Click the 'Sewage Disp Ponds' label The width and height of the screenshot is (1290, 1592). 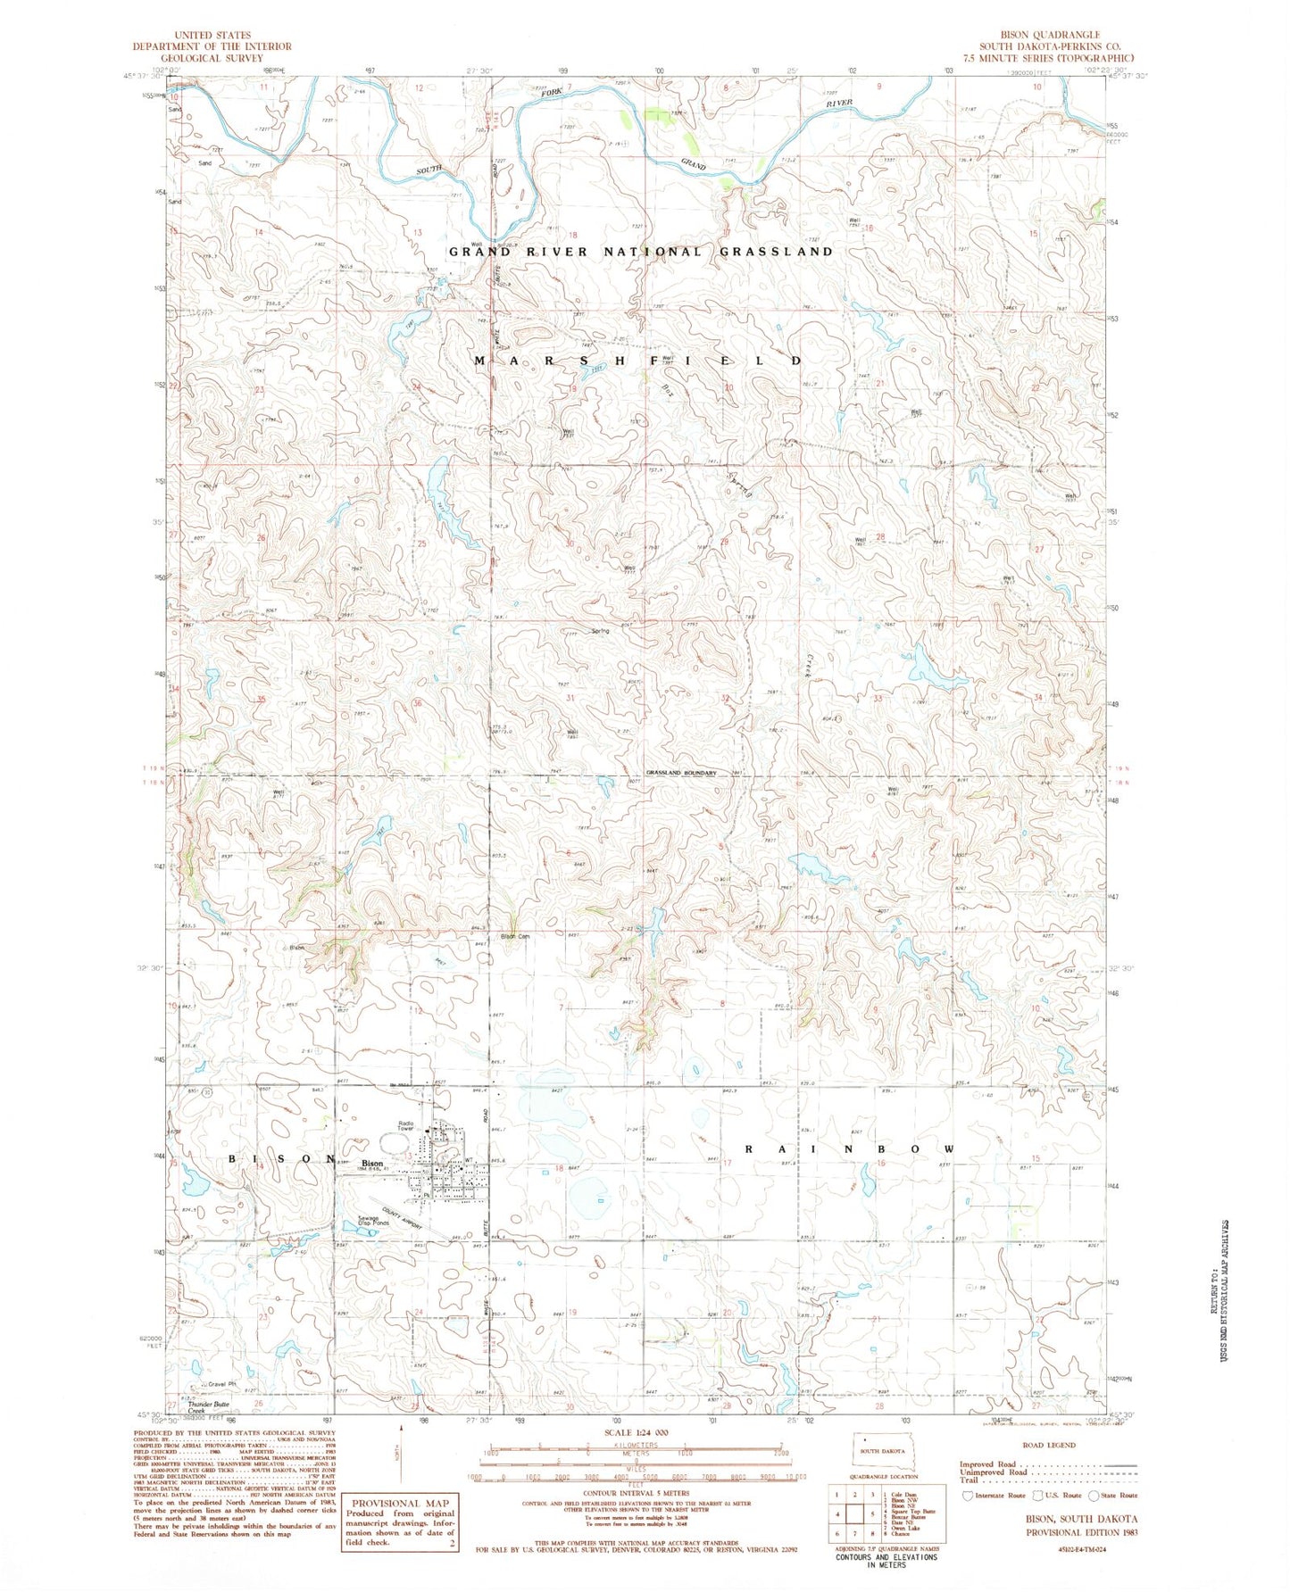pyautogui.click(x=372, y=1222)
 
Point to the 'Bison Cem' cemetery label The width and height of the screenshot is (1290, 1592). pyautogui.click(x=515, y=936)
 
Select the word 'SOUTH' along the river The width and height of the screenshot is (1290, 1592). pyautogui.click(x=428, y=170)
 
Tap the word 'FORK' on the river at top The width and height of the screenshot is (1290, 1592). pyautogui.click(x=538, y=91)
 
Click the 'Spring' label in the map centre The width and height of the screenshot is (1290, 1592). pyautogui.click(x=600, y=631)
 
